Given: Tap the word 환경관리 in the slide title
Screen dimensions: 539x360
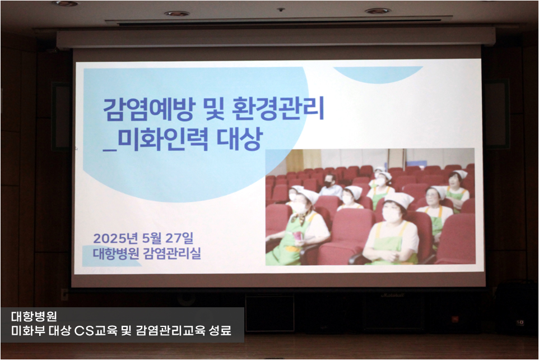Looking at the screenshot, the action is [x=278, y=109].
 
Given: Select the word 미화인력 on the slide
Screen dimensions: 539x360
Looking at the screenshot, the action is [x=161, y=139].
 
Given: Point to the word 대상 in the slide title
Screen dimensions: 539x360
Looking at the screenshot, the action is [x=240, y=139].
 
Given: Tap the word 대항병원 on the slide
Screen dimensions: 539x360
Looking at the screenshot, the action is [x=116, y=253].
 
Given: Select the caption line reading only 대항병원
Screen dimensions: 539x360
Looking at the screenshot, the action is [x=34, y=316].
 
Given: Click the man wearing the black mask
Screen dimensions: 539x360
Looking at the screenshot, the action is [x=331, y=186].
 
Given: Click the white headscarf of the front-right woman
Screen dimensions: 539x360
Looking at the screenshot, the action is [x=399, y=199].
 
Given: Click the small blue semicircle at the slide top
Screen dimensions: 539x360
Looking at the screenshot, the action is [x=378, y=75].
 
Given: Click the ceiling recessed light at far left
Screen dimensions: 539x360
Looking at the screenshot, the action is [x=66, y=3].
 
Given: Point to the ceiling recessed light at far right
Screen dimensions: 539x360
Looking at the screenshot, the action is [x=378, y=11].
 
